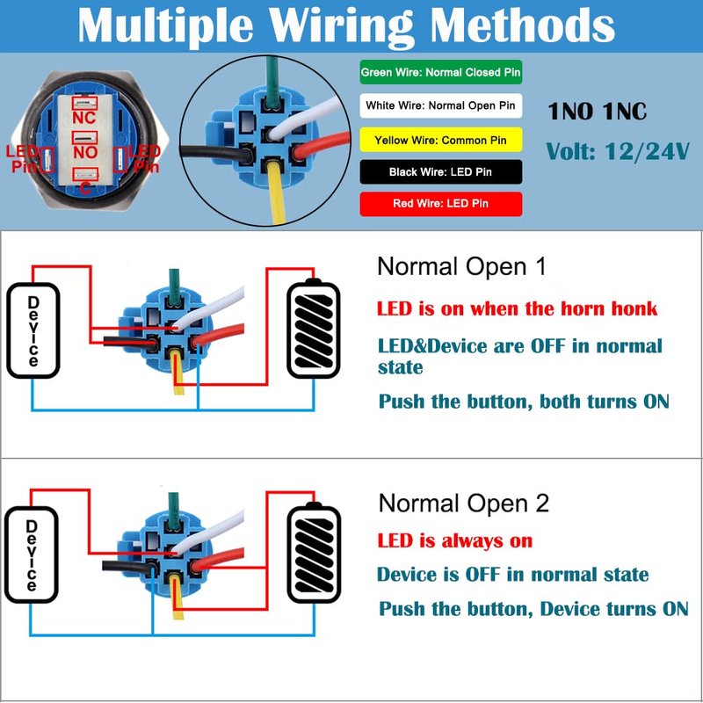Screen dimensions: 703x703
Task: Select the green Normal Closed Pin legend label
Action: [442, 72]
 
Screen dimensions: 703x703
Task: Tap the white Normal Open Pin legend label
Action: [442, 105]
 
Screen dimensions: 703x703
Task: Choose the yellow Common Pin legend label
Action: [442, 140]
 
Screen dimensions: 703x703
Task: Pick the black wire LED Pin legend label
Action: [442, 172]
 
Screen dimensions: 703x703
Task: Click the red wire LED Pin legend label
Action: [442, 204]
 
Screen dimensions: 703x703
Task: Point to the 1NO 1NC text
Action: [597, 112]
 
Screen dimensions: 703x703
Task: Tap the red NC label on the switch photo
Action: [84, 116]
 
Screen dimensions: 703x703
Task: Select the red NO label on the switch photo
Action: [84, 153]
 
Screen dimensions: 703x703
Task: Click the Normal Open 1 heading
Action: [460, 266]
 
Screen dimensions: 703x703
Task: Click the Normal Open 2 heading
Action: [463, 504]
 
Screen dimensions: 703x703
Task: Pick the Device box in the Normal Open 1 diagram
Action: [33, 330]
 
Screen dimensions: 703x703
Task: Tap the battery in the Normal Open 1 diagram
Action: [314, 327]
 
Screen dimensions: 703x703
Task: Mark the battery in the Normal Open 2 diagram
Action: [314, 551]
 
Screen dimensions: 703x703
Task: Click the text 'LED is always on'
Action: [454, 540]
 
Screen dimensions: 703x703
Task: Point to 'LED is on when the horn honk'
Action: [517, 308]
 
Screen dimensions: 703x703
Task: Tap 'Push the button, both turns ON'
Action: [523, 402]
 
